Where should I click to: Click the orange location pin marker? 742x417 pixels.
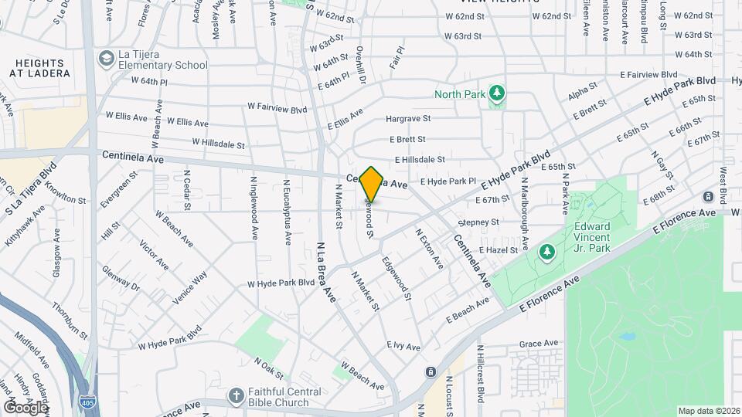click(372, 185)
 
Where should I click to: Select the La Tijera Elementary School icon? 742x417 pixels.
click(105, 59)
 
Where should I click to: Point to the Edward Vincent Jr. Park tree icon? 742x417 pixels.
click(546, 252)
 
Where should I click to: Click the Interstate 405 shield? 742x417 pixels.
click(88, 402)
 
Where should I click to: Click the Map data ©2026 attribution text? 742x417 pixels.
click(708, 411)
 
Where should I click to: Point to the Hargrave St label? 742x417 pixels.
click(408, 119)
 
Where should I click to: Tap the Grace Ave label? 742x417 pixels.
click(539, 344)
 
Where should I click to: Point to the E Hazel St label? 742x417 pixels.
click(498, 251)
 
